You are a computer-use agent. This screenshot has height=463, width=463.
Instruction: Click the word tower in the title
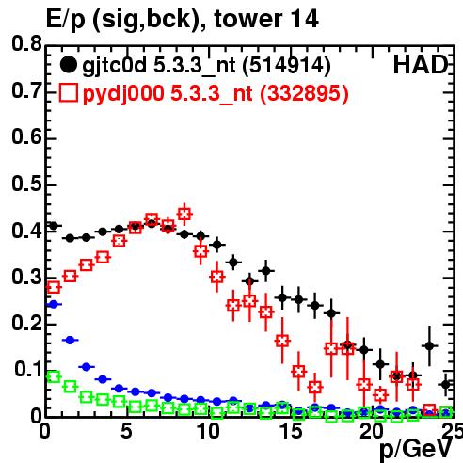pos(247,19)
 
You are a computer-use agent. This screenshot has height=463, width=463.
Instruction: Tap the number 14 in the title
pos(303,19)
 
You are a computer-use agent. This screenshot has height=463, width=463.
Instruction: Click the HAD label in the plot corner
pos(421,65)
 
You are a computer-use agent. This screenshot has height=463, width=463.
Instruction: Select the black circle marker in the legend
pos(68,65)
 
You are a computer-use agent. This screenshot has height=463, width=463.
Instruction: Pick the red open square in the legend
pos(68,92)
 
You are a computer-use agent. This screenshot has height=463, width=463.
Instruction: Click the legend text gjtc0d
pos(114,66)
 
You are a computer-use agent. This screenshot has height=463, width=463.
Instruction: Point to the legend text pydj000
pos(123,94)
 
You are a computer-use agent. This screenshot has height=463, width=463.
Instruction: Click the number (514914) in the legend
pos(287,66)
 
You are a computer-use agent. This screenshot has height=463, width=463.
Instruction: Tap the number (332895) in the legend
pos(304,93)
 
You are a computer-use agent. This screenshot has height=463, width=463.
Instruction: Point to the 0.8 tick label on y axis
pos(26,43)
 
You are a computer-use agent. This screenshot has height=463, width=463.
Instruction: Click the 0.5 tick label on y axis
pos(26,184)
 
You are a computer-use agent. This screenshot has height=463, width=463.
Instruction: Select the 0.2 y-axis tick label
pos(26,323)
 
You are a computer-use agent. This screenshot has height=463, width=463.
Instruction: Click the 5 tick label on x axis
pos(126,431)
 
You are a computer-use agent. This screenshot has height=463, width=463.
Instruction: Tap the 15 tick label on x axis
pos(292,431)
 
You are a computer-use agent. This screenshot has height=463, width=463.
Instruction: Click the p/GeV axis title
pos(416,449)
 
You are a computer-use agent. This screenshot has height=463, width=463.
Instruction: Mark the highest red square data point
pos(184,215)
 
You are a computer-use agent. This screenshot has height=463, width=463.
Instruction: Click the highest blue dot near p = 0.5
pos(54,304)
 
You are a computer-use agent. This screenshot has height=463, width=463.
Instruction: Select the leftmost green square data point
pos(54,376)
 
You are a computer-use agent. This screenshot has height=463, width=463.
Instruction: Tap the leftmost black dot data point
pos(54,226)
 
